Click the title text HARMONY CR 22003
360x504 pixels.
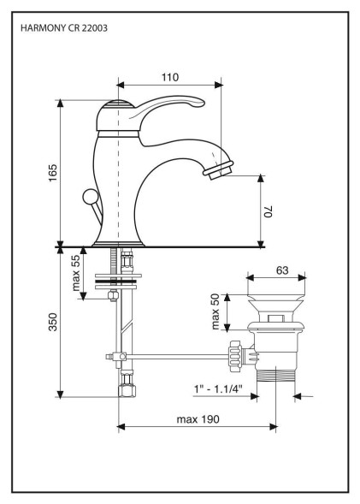tap(64, 28)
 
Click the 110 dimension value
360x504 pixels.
tap(170, 77)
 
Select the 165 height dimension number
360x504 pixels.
tap(53, 173)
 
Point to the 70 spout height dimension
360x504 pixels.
tap(269, 211)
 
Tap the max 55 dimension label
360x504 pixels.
tap(76, 273)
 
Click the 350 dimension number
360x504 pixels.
tap(53, 322)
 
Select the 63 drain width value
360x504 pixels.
tap(282, 270)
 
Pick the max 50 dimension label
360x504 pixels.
tap(215, 311)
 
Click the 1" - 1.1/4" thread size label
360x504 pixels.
tap(218, 389)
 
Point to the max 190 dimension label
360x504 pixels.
tap(198, 419)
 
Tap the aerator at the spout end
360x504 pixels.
tap(218, 169)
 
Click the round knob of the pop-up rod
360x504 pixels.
tap(90, 197)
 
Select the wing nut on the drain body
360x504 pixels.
tap(234, 357)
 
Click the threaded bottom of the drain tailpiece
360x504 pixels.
tap(276, 376)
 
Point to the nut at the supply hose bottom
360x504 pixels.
tap(127, 390)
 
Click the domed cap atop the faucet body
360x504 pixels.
tap(116, 104)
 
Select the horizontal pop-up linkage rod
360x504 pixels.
tap(177, 356)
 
